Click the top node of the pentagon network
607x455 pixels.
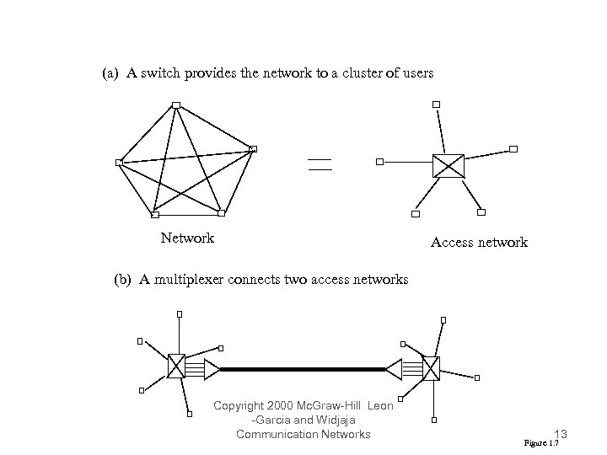(x=175, y=105)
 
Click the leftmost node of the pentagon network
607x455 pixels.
(x=119, y=162)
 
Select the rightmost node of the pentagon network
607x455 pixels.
(x=252, y=149)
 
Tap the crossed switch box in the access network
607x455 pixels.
(x=448, y=165)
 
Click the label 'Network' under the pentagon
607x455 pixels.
(x=187, y=238)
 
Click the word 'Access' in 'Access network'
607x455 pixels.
(x=453, y=243)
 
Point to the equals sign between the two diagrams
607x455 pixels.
(x=320, y=164)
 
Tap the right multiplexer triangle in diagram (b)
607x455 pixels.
(x=394, y=368)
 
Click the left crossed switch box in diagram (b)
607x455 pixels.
(x=176, y=366)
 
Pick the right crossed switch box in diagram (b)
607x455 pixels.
(x=431, y=368)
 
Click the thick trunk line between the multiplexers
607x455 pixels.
(x=303, y=368)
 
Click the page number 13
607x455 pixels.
(x=561, y=434)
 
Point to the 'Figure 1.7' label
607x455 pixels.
(x=540, y=442)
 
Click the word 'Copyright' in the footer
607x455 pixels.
(x=240, y=406)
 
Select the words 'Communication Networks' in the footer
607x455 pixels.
(x=303, y=435)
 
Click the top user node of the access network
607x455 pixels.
(x=436, y=104)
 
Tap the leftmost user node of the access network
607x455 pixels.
(x=380, y=160)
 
